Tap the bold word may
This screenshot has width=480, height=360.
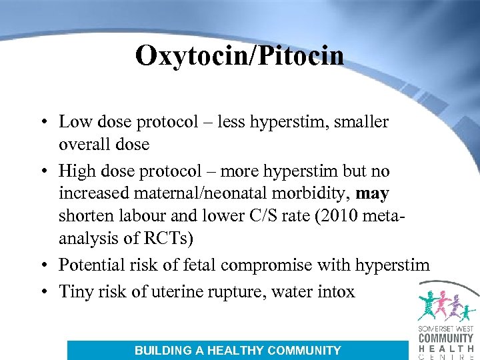[x=373, y=194]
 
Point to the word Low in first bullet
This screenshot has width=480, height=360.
[x=73, y=122]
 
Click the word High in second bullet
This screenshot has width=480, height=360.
[x=76, y=171]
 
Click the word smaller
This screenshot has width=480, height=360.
[x=365, y=122]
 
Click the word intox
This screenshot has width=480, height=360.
[x=337, y=291]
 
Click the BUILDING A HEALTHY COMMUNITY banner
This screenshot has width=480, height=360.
[x=237, y=350]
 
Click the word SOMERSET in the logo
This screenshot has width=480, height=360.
[x=434, y=330]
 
